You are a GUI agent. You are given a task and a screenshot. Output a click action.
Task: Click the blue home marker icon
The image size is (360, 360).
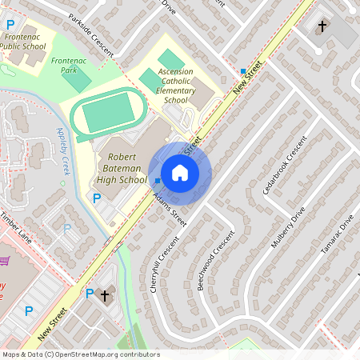[180, 172]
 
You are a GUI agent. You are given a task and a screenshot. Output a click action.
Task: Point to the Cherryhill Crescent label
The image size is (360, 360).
[163, 264]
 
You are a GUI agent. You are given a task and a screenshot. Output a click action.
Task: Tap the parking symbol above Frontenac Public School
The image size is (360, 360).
[11, 25]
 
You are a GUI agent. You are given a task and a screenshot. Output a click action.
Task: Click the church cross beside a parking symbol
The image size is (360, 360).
[104, 295]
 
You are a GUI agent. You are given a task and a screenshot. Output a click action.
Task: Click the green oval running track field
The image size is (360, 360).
[105, 113]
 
